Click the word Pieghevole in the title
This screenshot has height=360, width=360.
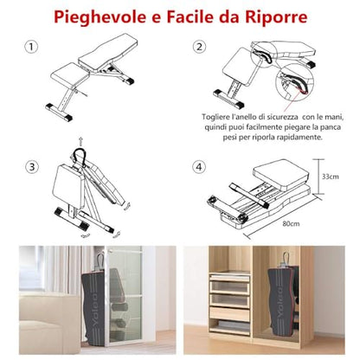coord(100,17)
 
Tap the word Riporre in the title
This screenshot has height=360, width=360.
coord(276,17)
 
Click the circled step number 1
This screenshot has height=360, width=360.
coord(31,47)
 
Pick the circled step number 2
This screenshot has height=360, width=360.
coord(199,47)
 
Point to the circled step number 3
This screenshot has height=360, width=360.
coord(31,167)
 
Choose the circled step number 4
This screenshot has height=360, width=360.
coord(199,167)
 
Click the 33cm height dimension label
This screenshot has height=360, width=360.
coord(331,177)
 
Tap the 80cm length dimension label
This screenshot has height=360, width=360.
coord(291,223)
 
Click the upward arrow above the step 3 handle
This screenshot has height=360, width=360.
coord(80,142)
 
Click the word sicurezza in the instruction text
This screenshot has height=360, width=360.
coord(279,117)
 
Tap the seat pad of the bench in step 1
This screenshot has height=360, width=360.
coord(70,74)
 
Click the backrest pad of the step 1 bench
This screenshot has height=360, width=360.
coord(108,52)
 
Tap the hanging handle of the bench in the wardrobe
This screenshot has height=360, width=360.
coord(286,259)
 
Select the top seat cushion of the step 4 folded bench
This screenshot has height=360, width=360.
coord(281,172)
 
